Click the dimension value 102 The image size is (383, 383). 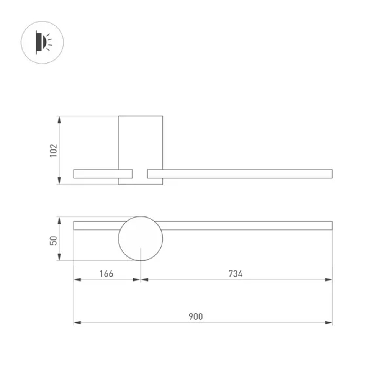tap(54, 150)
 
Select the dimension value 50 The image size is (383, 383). tap(54, 240)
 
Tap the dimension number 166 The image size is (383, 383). tap(106, 273)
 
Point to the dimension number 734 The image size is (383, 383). tap(236, 273)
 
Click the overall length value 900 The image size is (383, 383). tap(196, 317)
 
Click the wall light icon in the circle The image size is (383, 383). tap(42, 42)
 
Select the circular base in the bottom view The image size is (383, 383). tap(141, 239)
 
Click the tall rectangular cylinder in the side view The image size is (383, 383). tap(141, 142)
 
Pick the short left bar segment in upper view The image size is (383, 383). tap(96, 174)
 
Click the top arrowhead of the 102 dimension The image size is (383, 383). tap(59, 119)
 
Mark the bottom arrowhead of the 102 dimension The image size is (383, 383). tap(59, 181)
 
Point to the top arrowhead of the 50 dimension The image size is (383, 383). tap(59, 220)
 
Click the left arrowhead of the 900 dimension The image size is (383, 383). tap(77, 323)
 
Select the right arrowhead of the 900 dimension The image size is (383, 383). tap(329, 323)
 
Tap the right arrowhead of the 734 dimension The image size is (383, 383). tap(329, 280)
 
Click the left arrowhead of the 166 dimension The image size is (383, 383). tap(77, 280)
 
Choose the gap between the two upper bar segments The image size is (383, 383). tap(140, 174)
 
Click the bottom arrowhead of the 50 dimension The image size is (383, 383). tap(59, 257)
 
